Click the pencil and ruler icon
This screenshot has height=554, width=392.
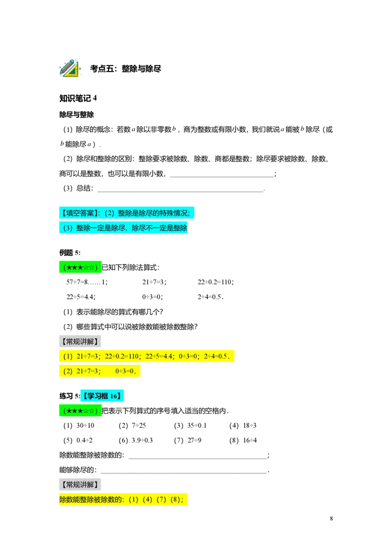tap(70, 68)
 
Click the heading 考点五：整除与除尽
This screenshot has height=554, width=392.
tap(125, 69)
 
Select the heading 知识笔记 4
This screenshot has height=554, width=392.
tap(78, 98)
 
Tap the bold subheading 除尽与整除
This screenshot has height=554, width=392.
tap(76, 115)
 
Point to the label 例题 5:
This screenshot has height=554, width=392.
tap(70, 253)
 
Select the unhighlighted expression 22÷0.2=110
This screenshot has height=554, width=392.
tap(216, 282)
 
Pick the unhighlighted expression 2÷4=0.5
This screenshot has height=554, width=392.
tap(210, 297)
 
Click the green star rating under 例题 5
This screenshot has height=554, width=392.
tap(80, 268)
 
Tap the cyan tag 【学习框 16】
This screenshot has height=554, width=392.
tap(102, 396)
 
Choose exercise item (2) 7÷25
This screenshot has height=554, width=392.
tap(132, 425)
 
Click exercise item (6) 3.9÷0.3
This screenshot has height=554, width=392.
tap(136, 440)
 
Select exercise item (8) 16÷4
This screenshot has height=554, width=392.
tap(243, 440)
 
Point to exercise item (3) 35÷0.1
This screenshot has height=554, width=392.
tap(190, 425)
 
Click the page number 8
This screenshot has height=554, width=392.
tap(331, 518)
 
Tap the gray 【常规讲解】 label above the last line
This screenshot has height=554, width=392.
tap(80, 485)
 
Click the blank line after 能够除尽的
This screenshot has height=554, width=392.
tap(184, 472)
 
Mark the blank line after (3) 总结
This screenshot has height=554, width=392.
tap(180, 191)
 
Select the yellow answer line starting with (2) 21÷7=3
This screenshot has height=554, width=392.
tap(99, 371)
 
